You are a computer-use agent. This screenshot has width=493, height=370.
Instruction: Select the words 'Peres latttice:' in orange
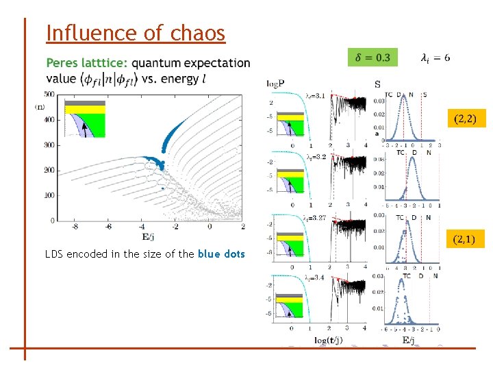(x=87, y=63)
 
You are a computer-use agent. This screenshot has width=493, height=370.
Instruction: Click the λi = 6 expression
(x=435, y=58)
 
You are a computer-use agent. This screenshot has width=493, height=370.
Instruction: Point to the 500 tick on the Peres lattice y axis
(x=49, y=94)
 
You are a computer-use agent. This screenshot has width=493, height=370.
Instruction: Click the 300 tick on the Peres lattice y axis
(x=49, y=145)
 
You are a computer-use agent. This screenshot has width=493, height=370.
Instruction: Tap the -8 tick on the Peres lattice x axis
(x=75, y=226)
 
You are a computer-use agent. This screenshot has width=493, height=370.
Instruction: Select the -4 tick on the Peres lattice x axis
(x=142, y=226)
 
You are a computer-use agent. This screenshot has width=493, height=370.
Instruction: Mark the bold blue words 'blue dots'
(x=221, y=254)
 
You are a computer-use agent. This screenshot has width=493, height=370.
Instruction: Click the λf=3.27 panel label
(x=320, y=218)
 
